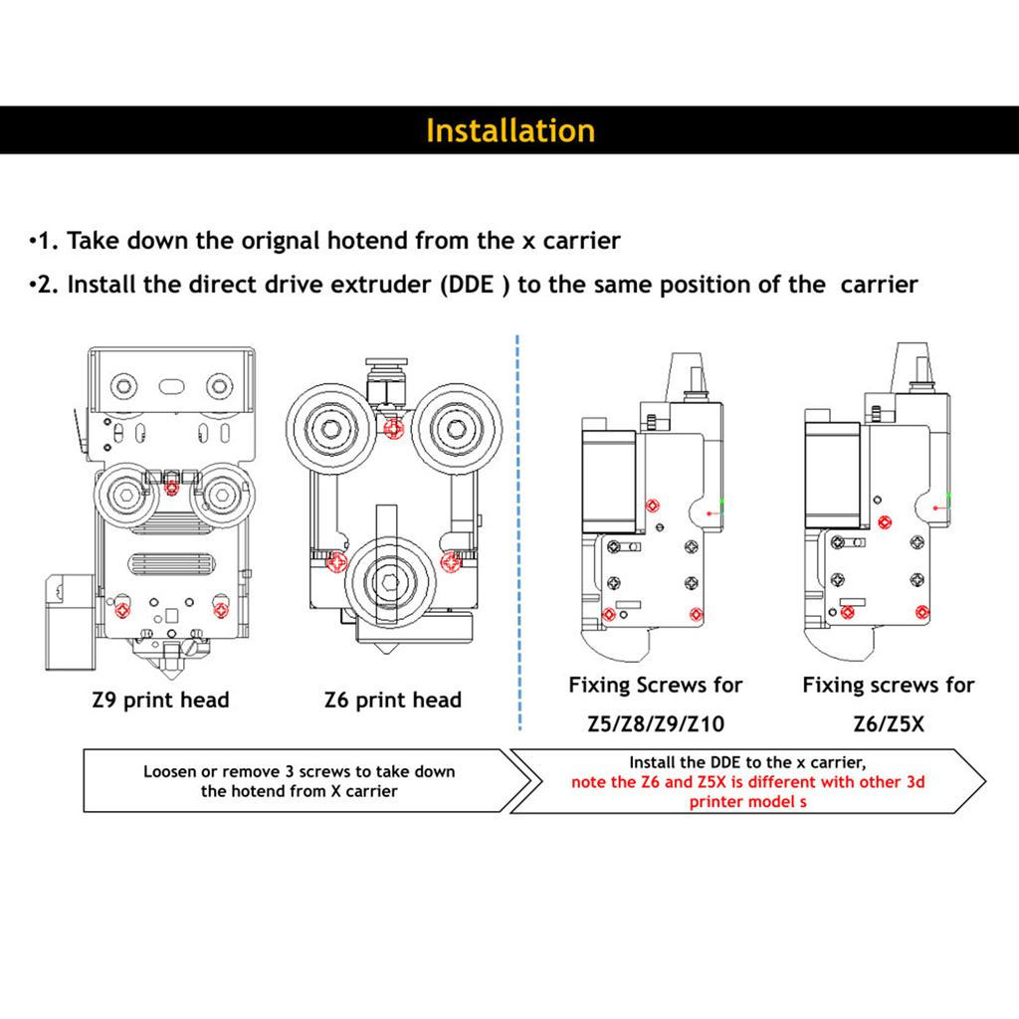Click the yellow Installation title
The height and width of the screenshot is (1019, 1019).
[509, 131]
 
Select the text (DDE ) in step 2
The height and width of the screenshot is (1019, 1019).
[472, 285]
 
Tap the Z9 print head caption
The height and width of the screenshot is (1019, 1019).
[159, 700]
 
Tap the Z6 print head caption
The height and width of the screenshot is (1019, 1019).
[393, 700]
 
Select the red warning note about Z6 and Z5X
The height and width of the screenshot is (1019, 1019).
[747, 791]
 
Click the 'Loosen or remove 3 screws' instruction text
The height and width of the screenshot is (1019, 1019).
[299, 781]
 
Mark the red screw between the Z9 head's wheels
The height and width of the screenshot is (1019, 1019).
[171, 487]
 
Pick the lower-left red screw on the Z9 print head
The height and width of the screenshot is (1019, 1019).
[122, 606]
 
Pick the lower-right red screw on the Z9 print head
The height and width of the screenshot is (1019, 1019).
[220, 606]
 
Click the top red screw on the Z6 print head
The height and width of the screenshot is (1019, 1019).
[392, 428]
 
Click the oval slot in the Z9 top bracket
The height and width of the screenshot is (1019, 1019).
[171, 383]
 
